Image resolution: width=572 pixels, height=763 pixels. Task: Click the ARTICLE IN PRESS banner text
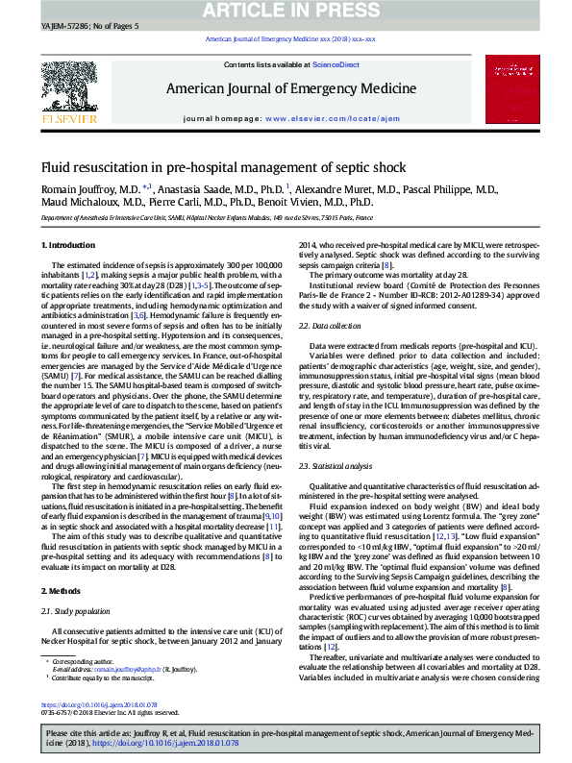tap(285, 12)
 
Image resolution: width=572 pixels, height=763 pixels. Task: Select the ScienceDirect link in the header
tap(336, 64)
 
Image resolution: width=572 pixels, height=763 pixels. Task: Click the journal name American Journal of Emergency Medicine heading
tap(285, 89)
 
